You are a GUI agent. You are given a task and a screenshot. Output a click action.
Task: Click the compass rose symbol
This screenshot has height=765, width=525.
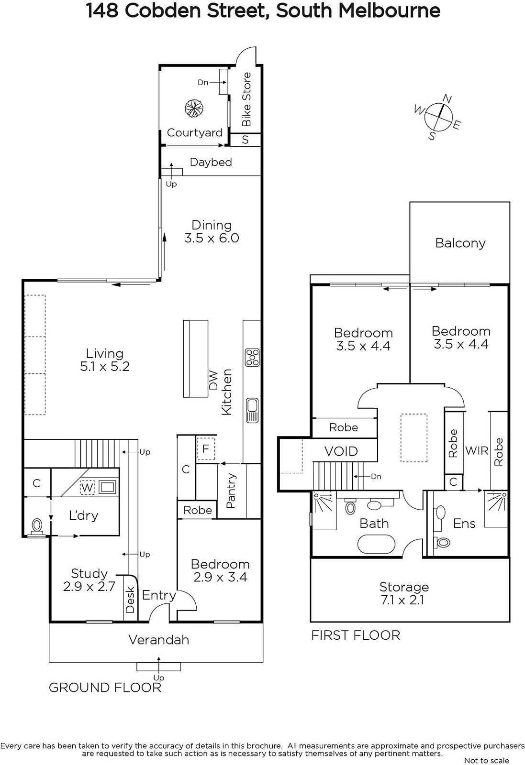point(438,117)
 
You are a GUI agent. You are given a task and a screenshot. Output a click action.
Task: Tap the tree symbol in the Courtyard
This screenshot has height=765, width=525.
point(194,109)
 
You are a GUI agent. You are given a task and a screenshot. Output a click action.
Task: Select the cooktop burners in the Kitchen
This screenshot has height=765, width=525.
point(252,358)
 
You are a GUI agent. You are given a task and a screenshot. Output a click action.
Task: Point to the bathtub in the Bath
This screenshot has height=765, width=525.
point(376,544)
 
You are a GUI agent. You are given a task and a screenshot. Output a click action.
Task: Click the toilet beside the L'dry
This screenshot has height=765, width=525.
point(37,526)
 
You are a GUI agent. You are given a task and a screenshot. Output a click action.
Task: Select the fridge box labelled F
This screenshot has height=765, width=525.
point(206,448)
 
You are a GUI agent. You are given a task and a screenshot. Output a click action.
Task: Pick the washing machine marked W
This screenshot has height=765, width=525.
point(87,487)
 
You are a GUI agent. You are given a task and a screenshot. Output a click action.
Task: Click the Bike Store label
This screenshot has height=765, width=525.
point(246,99)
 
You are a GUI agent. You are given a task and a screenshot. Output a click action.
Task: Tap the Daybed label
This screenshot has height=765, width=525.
point(211,162)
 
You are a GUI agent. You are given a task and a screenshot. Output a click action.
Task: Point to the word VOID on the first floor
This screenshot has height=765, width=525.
point(341,451)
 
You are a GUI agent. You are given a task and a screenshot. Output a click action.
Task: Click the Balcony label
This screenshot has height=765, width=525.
point(460,243)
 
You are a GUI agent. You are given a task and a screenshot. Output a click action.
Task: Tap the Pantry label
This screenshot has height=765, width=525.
point(231,491)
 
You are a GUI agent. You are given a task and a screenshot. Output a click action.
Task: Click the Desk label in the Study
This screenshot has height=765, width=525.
point(130,600)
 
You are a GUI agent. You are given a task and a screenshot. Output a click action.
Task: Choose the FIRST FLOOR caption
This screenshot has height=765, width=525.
point(356,635)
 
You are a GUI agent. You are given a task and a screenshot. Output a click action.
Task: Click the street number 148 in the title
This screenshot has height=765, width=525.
point(102,11)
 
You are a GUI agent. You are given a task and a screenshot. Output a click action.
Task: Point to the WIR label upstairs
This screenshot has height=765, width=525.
point(477,451)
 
